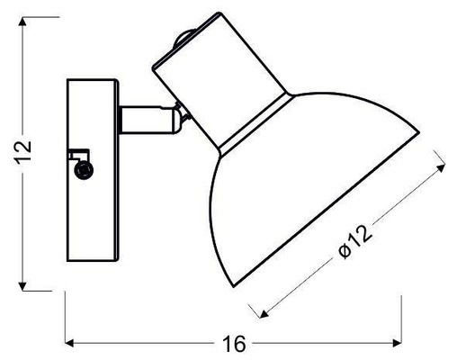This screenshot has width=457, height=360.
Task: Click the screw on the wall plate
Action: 84,169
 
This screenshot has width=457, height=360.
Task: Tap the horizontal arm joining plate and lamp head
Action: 144,117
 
